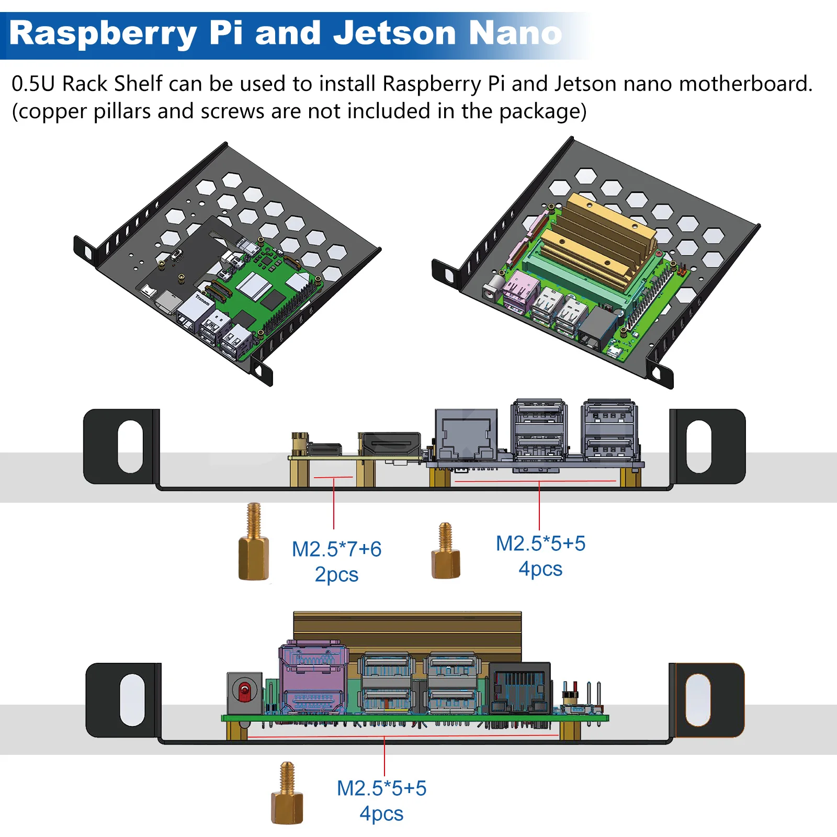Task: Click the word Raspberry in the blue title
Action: (x=103, y=34)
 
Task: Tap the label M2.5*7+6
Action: (x=336, y=549)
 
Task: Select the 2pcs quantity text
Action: (x=336, y=574)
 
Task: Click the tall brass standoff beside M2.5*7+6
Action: (x=254, y=544)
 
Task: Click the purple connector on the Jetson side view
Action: (x=313, y=678)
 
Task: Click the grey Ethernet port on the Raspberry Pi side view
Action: (x=467, y=434)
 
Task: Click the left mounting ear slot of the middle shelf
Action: (x=130, y=446)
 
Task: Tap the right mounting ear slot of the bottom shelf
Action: (x=697, y=700)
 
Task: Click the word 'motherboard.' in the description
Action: (x=746, y=84)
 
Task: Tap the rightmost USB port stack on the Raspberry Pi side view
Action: (x=609, y=430)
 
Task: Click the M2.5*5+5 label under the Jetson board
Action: (x=381, y=788)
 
